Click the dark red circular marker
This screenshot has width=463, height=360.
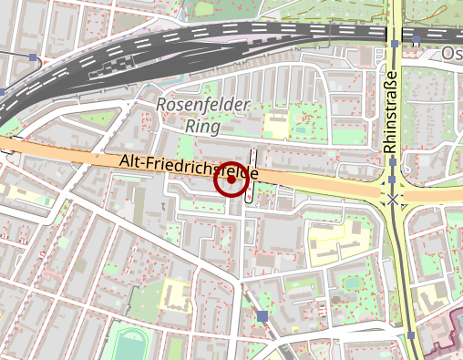click(231, 180)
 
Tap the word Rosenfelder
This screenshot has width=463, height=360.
click(201, 105)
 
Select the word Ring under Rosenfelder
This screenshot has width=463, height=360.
click(202, 126)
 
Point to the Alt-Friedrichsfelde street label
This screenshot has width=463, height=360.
click(190, 167)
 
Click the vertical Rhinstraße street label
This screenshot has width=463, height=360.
click(391, 111)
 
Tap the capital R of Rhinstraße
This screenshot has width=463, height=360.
click(391, 147)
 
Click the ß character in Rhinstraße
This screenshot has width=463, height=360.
click(391, 85)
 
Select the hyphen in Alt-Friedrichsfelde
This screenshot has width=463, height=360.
click(144, 162)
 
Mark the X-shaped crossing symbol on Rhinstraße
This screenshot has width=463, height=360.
click(393, 199)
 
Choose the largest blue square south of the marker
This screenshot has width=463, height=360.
click(262, 316)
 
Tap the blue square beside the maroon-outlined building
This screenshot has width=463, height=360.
click(412, 335)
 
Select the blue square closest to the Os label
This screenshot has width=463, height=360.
click(417, 40)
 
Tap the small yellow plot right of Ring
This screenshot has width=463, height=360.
click(274, 120)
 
